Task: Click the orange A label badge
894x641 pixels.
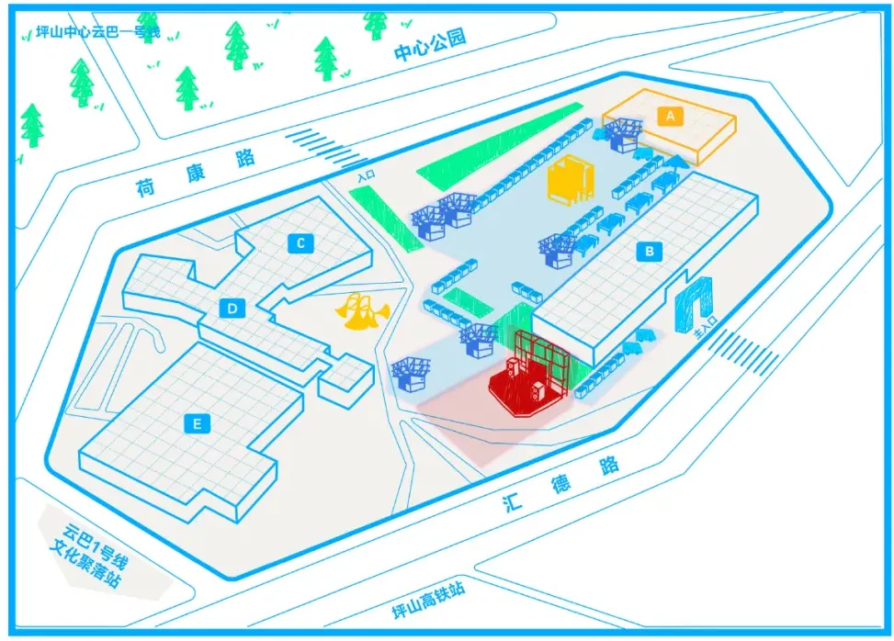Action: [671, 116]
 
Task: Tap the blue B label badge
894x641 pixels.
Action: [650, 250]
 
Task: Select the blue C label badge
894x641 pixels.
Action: [300, 243]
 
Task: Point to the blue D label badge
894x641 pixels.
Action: [232, 309]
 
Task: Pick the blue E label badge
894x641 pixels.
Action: [196, 423]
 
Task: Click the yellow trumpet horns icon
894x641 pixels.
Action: [361, 312]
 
